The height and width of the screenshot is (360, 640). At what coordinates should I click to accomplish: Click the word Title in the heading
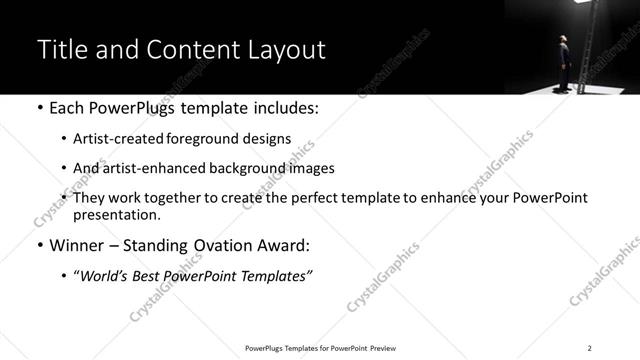61,50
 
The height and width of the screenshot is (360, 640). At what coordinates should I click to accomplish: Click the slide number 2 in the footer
589,348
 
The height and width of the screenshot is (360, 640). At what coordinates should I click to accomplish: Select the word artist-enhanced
152,168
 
